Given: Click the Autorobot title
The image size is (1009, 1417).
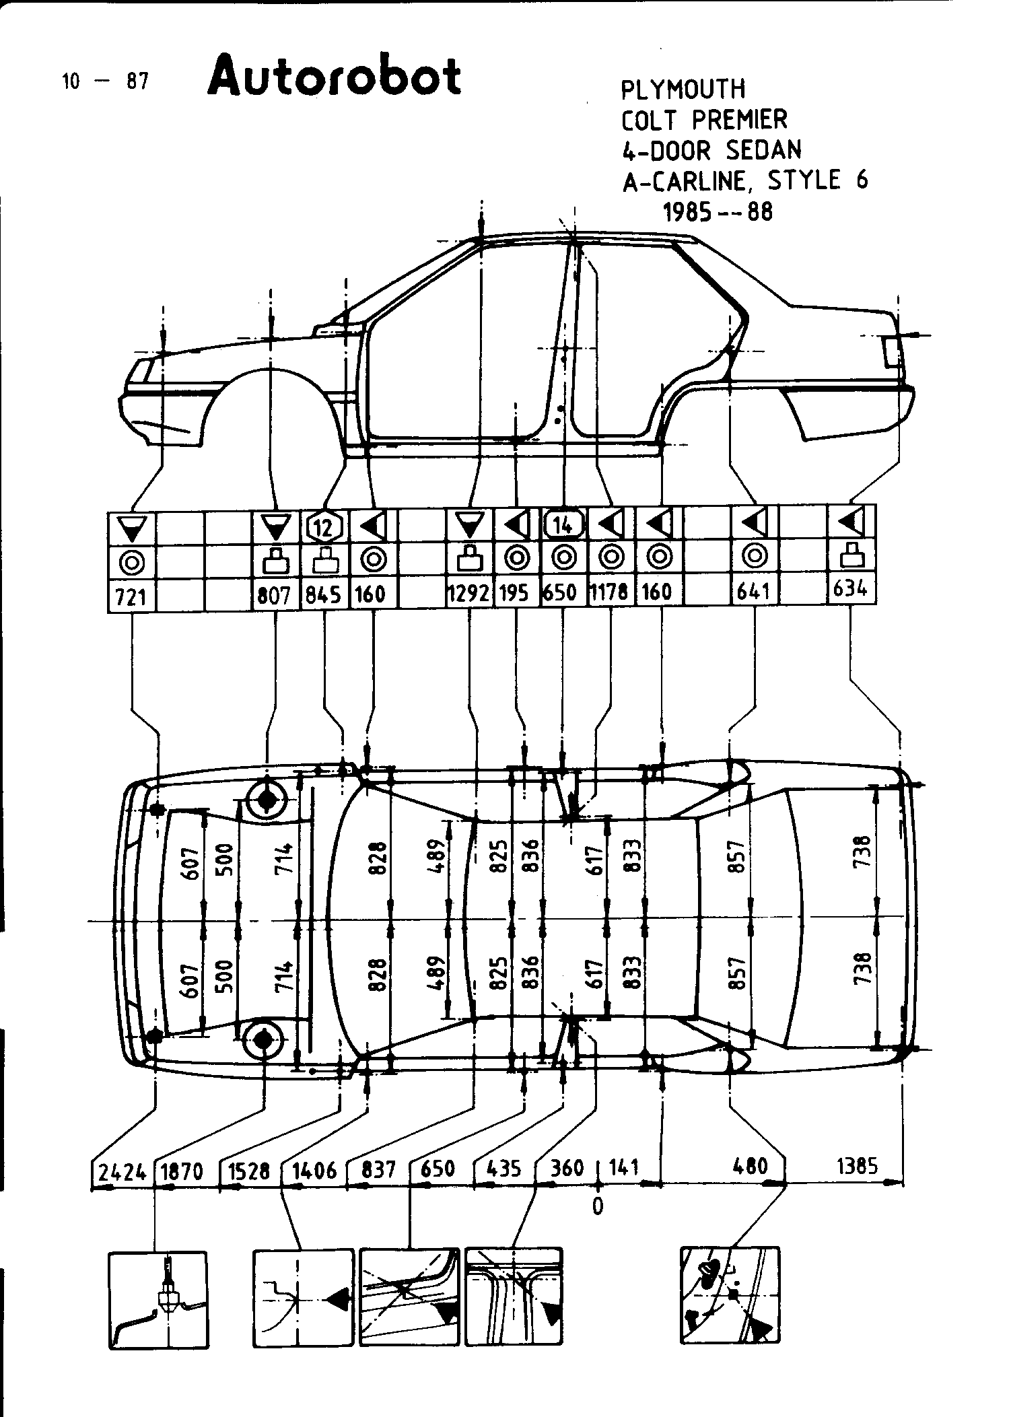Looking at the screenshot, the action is coord(335,76).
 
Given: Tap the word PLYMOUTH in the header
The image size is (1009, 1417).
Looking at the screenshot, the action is coord(683,90).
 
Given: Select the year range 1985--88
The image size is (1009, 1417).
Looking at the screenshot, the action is coord(718,211).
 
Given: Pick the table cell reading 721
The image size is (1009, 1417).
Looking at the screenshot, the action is coord(131,596).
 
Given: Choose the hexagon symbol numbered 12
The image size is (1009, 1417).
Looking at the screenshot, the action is coord(325,526).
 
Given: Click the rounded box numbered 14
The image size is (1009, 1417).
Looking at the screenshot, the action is coord(564,524).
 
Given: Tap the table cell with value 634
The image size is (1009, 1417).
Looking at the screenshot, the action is coord(850,588).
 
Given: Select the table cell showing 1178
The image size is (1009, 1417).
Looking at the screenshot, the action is coord(610,592).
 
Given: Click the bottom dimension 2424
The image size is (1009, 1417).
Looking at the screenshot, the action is coord(123,1172).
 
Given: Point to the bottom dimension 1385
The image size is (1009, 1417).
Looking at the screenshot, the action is coord(857,1165).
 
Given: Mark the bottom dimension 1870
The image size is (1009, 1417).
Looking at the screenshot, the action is coord(182,1172).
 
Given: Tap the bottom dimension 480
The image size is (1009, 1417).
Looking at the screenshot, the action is coord(750,1165).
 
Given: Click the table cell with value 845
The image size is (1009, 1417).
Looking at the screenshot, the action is coord(324,594).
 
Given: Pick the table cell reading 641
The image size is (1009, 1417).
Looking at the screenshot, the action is coord(753,591).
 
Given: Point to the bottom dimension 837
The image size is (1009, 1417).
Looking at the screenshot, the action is coord(378,1169).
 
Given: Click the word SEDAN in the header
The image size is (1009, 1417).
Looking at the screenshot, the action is coord(764,150).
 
